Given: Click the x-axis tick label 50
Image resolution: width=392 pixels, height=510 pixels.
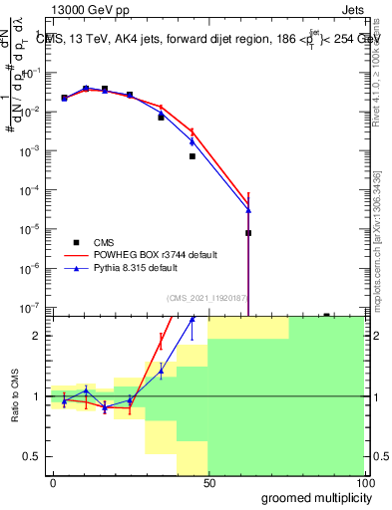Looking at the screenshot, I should click(x=208, y=482).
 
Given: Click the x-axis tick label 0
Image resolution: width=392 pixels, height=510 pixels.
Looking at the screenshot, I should click(x=53, y=482).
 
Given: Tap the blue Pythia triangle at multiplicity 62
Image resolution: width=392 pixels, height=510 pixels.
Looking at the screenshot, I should click(x=247, y=210).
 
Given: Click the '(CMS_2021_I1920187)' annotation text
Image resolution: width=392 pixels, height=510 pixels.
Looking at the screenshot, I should click(x=206, y=297).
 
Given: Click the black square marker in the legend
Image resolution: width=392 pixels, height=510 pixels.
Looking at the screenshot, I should click(x=75, y=242).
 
